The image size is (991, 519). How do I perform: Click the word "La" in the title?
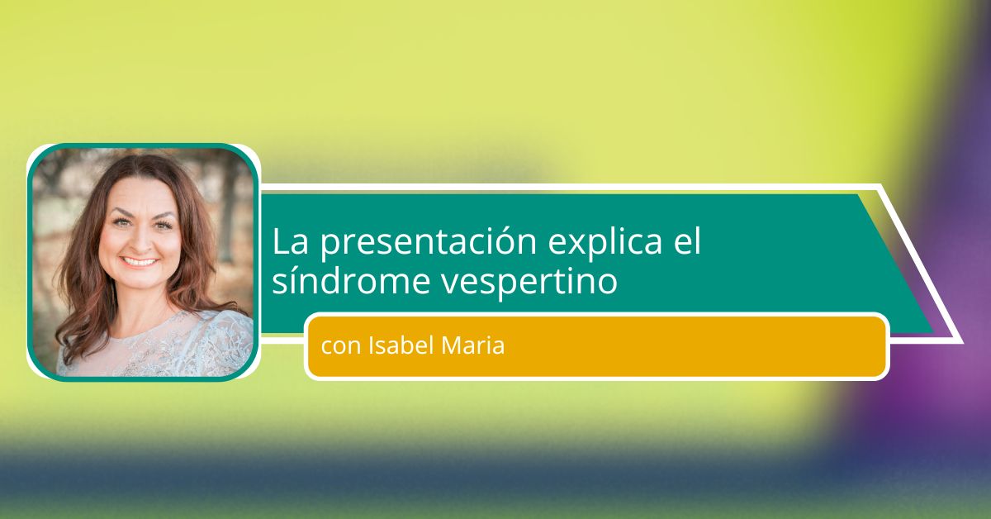pyautogui.click(x=290, y=242)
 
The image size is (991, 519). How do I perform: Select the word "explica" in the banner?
pyautogui.click(x=605, y=243)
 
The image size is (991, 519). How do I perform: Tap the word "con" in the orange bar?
pyautogui.click(x=340, y=347)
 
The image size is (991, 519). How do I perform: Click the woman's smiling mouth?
pyautogui.click(x=139, y=262)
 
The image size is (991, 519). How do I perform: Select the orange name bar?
pyautogui.click(x=597, y=346)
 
